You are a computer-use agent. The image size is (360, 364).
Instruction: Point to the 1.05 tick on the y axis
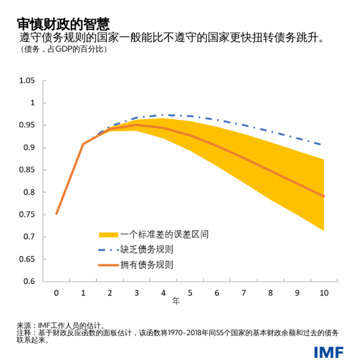pyautogui.click(x=28, y=80)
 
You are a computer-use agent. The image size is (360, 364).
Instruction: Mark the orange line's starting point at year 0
pyautogui.click(x=56, y=213)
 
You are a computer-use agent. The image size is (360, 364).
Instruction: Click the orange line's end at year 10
pyautogui.click(x=324, y=196)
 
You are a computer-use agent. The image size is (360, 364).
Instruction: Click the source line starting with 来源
pyautogui.click(x=61, y=325)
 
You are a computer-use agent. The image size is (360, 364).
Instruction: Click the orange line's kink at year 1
pyautogui.click(x=83, y=144)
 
